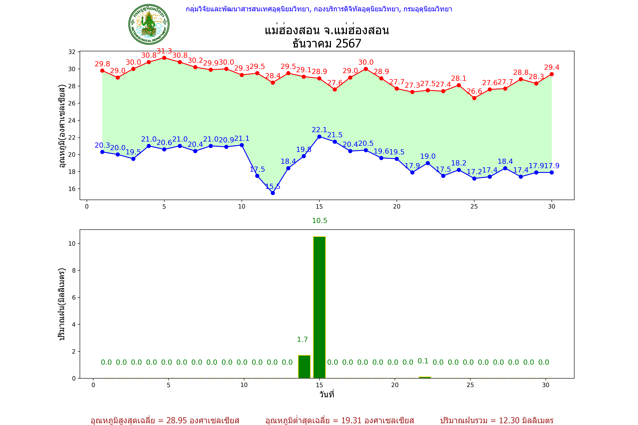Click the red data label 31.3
[x=164, y=51]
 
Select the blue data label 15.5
[x=273, y=186]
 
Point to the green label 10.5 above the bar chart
[x=320, y=221]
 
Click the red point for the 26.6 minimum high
[x=474, y=98]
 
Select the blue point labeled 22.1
[x=319, y=137]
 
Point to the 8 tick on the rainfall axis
[x=74, y=270]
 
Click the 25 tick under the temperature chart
[x=474, y=207]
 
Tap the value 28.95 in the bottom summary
[x=177, y=420]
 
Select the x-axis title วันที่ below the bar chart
[x=327, y=394]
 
